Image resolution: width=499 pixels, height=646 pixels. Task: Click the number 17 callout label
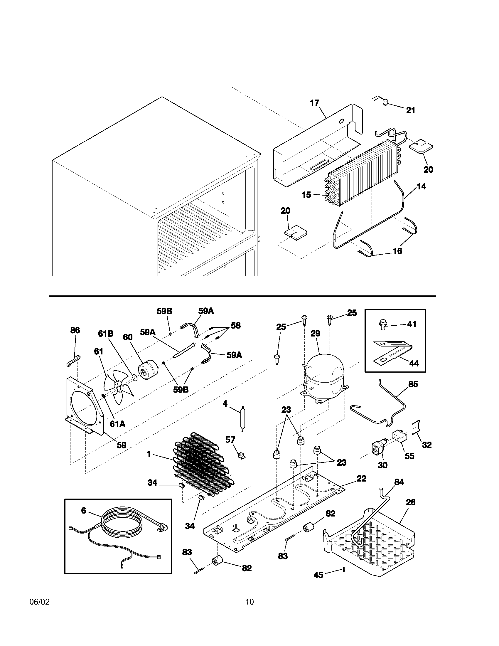(x=315, y=103)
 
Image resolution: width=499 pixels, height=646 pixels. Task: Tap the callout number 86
(x=75, y=330)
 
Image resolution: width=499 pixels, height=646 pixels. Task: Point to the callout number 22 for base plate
(x=361, y=478)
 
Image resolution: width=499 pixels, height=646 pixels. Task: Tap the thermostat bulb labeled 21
(x=385, y=103)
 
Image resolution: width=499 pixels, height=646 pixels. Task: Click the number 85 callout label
(x=413, y=385)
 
